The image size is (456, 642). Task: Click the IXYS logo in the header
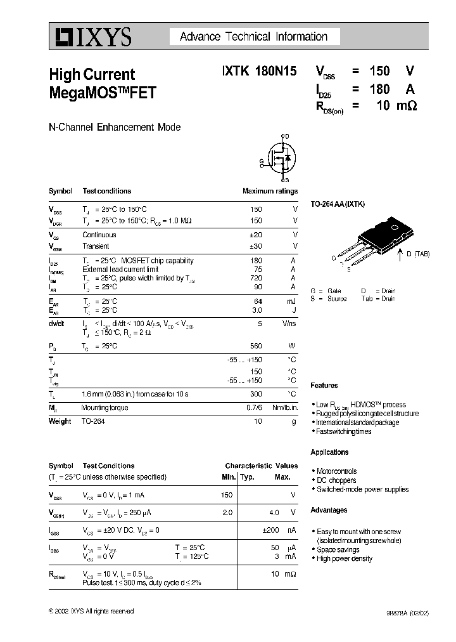[x=90, y=37]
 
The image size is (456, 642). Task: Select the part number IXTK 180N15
[x=258, y=72]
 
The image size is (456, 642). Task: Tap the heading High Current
[x=92, y=75]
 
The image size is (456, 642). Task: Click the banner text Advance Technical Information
[x=253, y=37]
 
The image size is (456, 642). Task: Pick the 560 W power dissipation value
[x=255, y=346]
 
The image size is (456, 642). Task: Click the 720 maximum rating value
[x=255, y=278]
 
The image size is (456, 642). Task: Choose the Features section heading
[x=324, y=385]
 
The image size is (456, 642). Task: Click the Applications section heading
[x=329, y=452]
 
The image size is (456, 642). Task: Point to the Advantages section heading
[x=329, y=510]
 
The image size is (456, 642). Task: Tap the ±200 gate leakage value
[x=270, y=530]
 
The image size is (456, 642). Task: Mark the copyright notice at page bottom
[x=91, y=611]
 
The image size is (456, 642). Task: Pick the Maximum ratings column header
[x=270, y=191]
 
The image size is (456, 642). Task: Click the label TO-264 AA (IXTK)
[x=338, y=204]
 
